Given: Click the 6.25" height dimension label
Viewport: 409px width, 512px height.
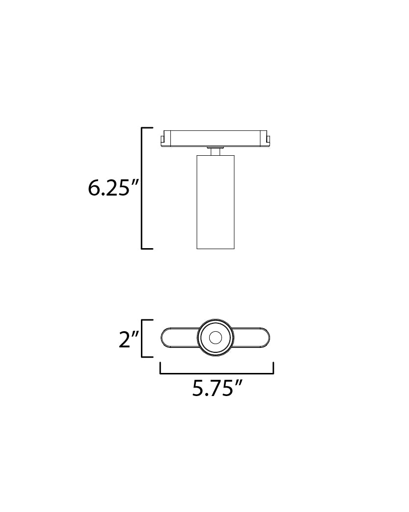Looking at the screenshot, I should pyautogui.click(x=110, y=188).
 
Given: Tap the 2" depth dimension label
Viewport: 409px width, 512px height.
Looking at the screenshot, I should pyautogui.click(x=129, y=340).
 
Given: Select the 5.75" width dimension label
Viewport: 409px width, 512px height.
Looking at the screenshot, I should pyautogui.click(x=217, y=388).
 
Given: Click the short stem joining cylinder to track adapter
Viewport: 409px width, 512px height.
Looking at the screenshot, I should pyautogui.click(x=215, y=151).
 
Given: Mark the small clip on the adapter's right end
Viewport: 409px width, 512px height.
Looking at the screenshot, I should pyautogui.click(x=268, y=140).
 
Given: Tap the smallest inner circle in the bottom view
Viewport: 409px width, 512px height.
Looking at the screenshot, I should pyautogui.click(x=215, y=338).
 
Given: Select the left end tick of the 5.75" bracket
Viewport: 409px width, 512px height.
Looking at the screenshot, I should pyautogui.click(x=161, y=369).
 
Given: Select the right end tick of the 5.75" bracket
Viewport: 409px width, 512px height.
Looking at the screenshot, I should pyautogui.click(x=273, y=369).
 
